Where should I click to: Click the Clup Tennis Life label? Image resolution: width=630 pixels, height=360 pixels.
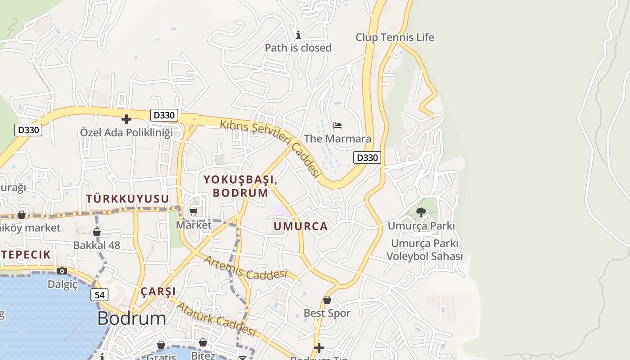(395, 37)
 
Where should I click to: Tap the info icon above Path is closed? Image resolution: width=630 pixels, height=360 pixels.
(298, 35)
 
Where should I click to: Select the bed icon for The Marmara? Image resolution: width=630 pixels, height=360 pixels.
(337, 125)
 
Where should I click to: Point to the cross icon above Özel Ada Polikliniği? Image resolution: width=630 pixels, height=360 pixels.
(126, 119)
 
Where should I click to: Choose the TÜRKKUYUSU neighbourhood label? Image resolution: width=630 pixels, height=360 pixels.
(127, 199)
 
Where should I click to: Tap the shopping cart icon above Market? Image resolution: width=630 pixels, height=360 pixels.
(193, 211)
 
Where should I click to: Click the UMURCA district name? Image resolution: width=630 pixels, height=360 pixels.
(301, 226)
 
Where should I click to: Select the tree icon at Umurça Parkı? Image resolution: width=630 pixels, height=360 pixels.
(421, 212)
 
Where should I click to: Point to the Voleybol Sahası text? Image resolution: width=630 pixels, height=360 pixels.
(424, 256)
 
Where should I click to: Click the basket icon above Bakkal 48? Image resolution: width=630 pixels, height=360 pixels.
(97, 232)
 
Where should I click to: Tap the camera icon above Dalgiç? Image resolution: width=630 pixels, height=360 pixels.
(62, 271)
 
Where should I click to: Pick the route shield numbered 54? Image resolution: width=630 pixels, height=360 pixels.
(99, 295)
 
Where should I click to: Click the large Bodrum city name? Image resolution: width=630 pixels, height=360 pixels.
(131, 319)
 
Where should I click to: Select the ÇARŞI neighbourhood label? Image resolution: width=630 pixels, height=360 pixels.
(158, 292)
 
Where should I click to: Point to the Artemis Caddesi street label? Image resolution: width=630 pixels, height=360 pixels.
(245, 268)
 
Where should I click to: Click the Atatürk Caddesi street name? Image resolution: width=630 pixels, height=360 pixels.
(216, 319)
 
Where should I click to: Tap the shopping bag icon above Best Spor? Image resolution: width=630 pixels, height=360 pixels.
(327, 300)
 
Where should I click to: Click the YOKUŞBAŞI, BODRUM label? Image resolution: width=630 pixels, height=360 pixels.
(240, 186)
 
